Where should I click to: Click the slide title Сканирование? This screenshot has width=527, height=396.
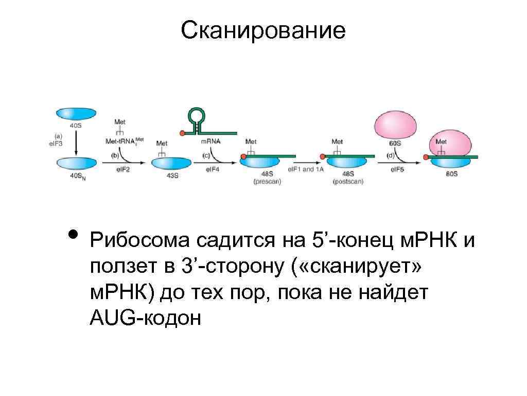[263, 31]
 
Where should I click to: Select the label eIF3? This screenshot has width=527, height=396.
[55, 144]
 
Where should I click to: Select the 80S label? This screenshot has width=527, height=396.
[451, 175]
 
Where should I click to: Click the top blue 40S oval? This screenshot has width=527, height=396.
[76, 113]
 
